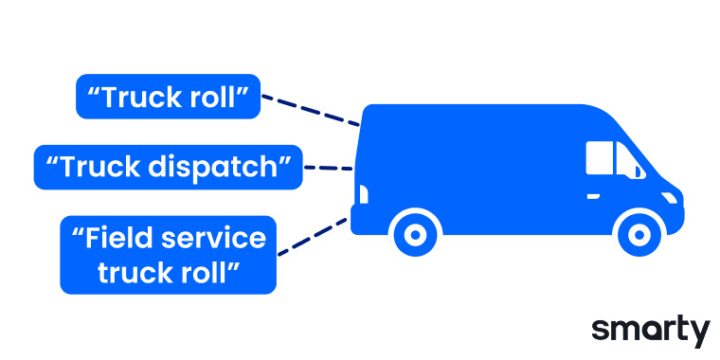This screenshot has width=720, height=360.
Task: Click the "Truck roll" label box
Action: click(168, 97)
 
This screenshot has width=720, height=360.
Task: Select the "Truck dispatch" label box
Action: click(168, 168)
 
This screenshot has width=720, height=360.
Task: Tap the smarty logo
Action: click(650, 330)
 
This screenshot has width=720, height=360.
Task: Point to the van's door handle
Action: click(593, 195)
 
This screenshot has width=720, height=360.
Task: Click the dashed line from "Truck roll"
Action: click(310, 109)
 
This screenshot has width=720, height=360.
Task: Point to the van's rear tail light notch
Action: click(361, 194)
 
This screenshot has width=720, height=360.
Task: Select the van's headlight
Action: click(671, 197)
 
